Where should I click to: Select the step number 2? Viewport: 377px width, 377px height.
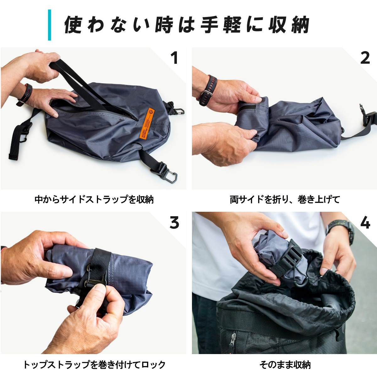pos(365,58)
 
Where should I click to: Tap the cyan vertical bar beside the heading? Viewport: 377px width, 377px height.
pos(49,25)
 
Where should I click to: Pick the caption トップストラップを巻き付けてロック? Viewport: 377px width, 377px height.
pos(94,365)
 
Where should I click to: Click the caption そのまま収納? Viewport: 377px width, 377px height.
pos(285,365)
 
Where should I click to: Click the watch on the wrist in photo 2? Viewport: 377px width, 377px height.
pos(206,91)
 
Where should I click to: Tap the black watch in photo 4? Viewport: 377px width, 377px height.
pos(341,233)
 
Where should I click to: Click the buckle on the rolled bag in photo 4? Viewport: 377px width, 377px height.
pos(292,257)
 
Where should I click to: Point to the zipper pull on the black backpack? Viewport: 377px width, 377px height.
pos(232,341)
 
